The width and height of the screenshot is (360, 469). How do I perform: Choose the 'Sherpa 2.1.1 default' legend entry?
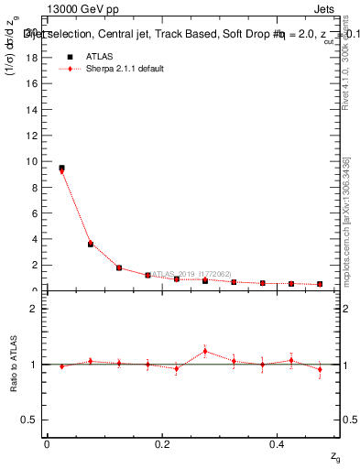pyautogui.click(x=125, y=69)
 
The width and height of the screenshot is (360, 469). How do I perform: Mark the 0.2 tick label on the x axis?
pyautogui.click(x=162, y=444)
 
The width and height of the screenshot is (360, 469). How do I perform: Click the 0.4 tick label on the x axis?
pyautogui.click(x=277, y=444)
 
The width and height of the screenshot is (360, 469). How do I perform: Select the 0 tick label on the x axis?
pyautogui.click(x=47, y=444)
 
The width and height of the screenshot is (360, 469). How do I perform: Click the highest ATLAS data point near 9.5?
pyautogui.click(x=61, y=168)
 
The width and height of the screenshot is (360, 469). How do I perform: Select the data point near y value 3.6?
pyautogui.click(x=91, y=244)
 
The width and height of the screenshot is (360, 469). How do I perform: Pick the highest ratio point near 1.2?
pyautogui.click(x=205, y=352)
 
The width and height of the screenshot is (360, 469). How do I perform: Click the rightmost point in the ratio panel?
pyautogui.click(x=320, y=370)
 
